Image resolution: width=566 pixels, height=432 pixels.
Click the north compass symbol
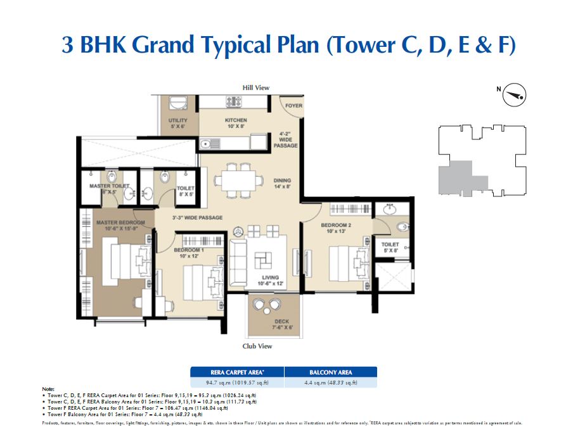[x=515, y=96]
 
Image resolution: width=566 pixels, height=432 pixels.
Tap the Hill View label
[x=256, y=87]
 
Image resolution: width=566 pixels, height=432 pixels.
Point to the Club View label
[x=257, y=346]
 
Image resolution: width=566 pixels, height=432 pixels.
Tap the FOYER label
[x=293, y=106]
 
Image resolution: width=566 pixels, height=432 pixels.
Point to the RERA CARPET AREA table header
[x=237, y=372]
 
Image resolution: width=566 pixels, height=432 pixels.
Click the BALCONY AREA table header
[x=330, y=372]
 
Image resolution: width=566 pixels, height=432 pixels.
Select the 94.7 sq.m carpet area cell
[x=237, y=382]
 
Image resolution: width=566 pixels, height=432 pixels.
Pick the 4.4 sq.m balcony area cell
[x=330, y=382]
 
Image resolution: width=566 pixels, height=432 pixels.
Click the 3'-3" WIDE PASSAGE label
[x=197, y=218]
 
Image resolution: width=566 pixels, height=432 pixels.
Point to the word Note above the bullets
[x=48, y=388]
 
